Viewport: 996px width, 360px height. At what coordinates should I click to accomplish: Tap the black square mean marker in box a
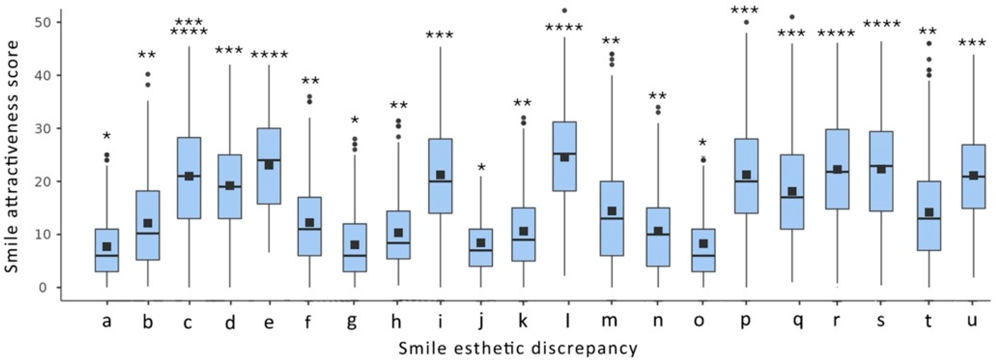107,246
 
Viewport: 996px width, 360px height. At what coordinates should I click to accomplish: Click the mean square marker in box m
612,211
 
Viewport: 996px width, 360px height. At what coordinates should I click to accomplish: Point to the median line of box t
929,218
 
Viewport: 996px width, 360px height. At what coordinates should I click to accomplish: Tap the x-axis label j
481,322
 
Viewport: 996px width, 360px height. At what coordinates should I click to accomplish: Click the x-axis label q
797,322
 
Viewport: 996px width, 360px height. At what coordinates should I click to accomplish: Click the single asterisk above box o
703,143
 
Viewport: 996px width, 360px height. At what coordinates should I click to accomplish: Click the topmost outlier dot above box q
792,17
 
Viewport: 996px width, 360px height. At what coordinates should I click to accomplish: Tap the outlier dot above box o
704,160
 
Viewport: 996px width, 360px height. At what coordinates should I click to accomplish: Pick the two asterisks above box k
523,103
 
